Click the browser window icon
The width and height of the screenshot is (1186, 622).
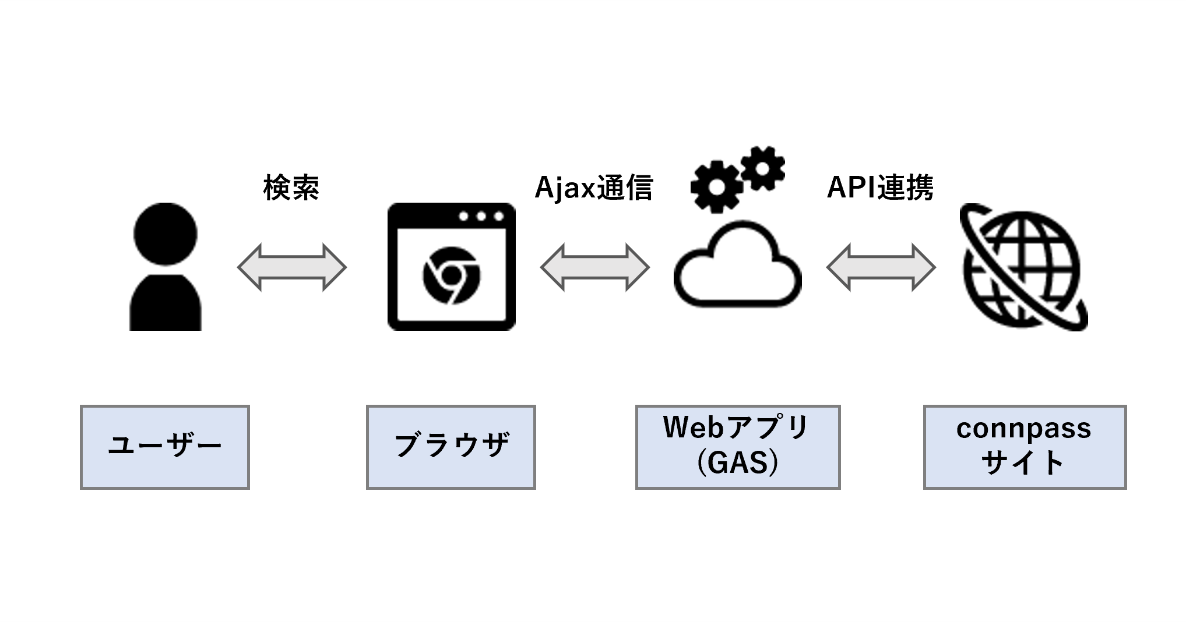point(451,267)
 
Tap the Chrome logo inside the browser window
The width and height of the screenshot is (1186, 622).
point(451,275)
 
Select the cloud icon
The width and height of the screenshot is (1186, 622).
point(737,265)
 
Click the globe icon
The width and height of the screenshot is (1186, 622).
point(1023,267)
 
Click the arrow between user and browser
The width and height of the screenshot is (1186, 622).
point(291,267)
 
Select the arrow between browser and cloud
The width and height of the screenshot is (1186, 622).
point(594,267)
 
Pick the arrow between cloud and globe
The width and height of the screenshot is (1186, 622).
point(881,267)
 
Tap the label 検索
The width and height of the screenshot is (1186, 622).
point(291,188)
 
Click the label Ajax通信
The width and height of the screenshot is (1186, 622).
point(593,188)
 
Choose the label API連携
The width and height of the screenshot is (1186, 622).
point(880,188)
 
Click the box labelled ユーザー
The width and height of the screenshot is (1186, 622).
point(165,447)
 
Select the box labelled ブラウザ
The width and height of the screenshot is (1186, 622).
point(451,447)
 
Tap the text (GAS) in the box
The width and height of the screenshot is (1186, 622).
point(737,464)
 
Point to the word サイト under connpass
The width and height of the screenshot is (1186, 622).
point(1023,464)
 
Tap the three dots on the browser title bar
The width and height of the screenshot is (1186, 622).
point(481,217)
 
